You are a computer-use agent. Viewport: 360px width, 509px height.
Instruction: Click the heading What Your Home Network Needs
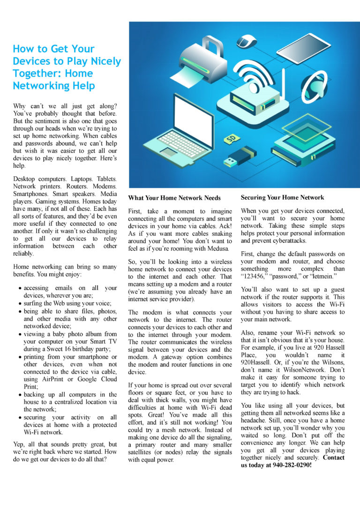174,198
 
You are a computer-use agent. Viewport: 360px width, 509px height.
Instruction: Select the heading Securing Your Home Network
282,197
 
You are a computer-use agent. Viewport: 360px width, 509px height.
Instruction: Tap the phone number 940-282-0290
292,465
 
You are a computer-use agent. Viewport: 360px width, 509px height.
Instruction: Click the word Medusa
216,248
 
